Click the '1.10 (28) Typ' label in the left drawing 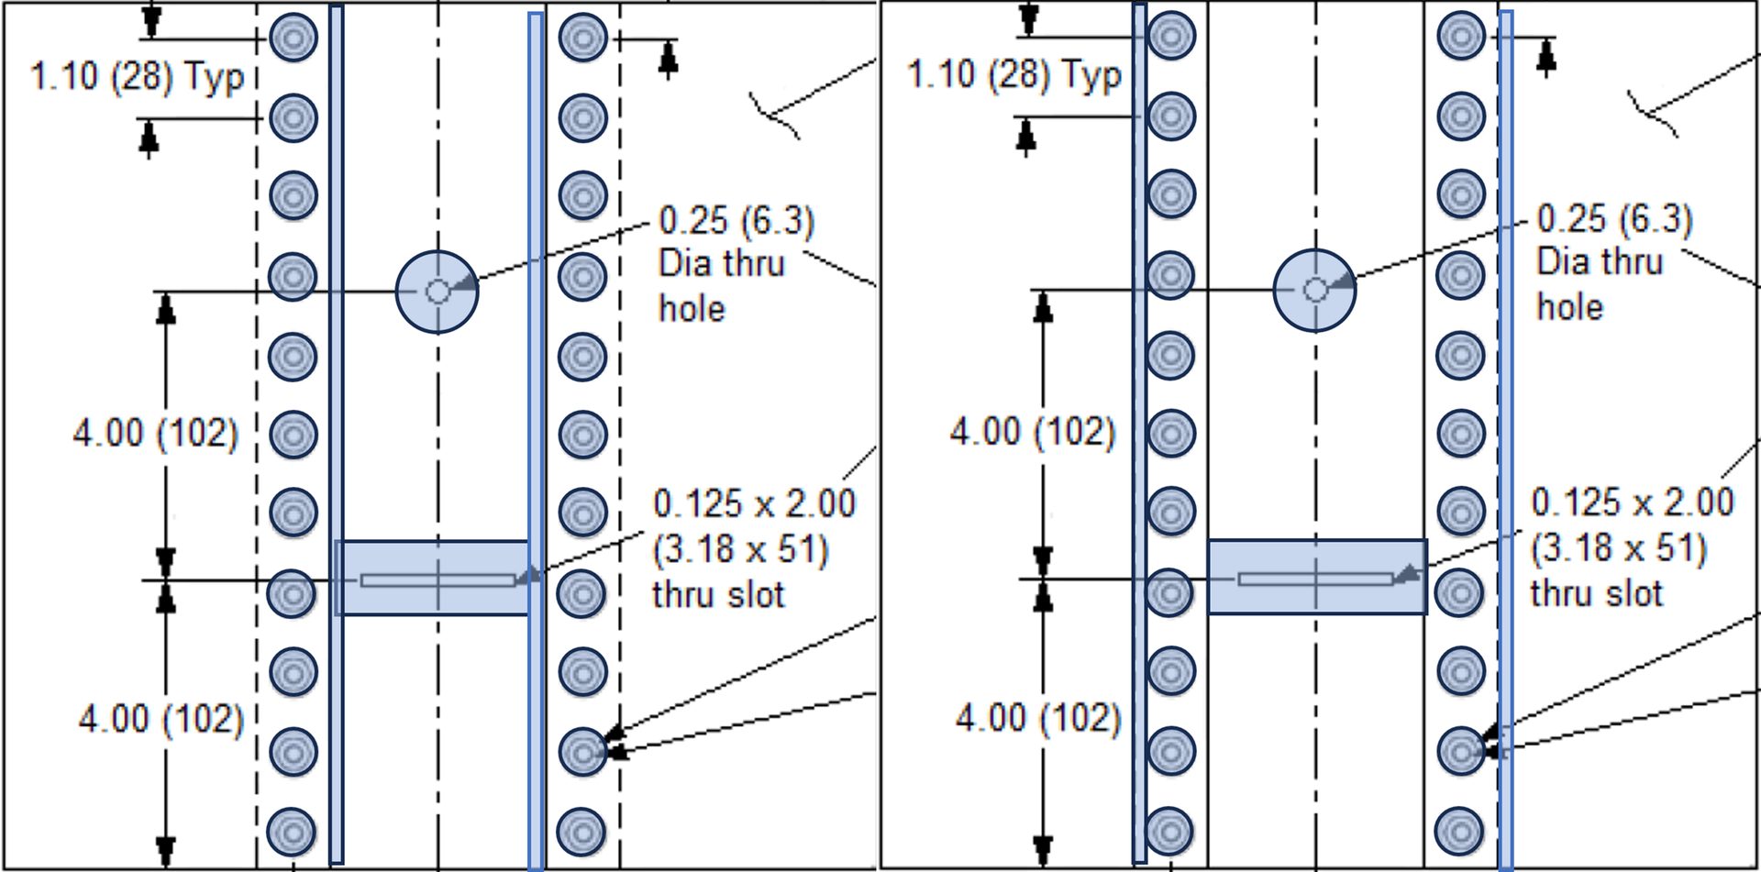pos(138,77)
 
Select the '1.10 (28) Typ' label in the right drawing pos(1014,75)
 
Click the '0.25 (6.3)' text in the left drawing pos(737,221)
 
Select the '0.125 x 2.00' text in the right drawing pos(1633,502)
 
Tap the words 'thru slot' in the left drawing pos(718,595)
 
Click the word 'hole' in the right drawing pos(1569,307)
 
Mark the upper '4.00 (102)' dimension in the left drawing pos(155,432)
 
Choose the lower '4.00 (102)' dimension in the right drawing pos(1037,718)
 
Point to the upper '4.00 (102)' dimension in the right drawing pos(1032,431)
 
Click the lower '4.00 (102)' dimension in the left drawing pos(161,719)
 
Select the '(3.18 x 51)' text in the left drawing pos(740,550)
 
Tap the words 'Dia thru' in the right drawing pos(1600,262)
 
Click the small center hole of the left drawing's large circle pos(437,292)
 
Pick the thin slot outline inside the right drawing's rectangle pos(1315,579)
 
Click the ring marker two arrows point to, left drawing pos(582,752)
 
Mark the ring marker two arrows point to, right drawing pos(1460,751)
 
